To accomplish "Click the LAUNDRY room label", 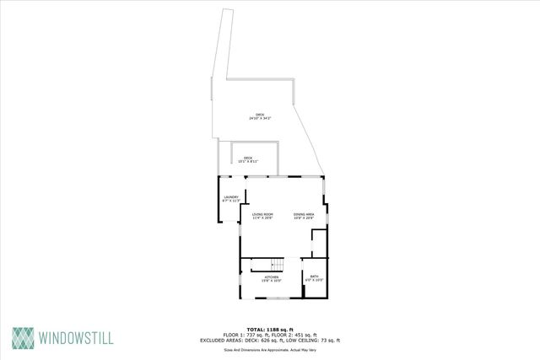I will coord(231,197).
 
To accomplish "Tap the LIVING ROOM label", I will coord(262,214).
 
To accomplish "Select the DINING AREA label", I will coord(304,214).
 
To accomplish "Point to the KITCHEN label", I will coord(272,277).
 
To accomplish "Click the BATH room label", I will coord(314,277).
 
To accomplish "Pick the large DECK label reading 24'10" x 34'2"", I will coord(259,115).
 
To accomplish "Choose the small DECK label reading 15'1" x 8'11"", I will coord(248,158).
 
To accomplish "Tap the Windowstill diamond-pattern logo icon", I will coord(24,337).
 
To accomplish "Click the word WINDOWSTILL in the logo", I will coord(77,338).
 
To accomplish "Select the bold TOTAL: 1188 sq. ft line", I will coord(269,329).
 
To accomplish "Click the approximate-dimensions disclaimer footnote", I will coord(269,349).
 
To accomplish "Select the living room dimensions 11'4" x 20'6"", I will coord(262,218).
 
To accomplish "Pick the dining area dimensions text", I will coord(304,218).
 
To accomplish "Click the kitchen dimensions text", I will coord(272,281).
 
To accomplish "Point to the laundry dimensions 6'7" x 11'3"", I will coord(231,201).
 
